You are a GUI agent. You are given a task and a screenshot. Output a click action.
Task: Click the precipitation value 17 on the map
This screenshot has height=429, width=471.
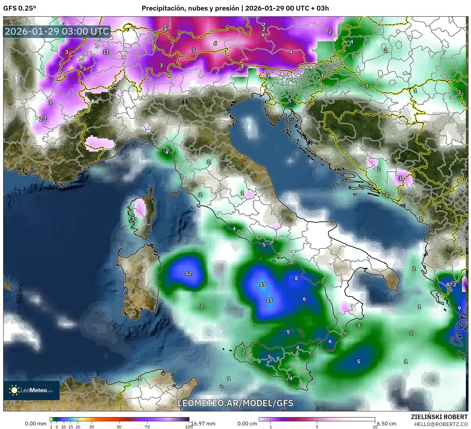(262, 284)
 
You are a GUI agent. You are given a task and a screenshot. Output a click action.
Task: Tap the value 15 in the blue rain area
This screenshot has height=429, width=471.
(269, 300)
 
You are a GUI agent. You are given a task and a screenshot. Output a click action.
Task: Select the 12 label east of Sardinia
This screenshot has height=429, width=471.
(188, 273)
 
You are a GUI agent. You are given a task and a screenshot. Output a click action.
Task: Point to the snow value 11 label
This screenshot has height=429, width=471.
(106, 52)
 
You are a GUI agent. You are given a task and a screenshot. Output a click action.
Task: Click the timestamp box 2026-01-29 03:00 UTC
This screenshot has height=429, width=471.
(57, 31)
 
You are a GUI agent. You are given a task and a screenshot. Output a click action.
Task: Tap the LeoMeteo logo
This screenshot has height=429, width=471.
(31, 390)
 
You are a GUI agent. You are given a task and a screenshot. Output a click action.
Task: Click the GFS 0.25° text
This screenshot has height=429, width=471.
(20, 8)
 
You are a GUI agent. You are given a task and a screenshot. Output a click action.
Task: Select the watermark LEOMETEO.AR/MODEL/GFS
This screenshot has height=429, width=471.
(235, 403)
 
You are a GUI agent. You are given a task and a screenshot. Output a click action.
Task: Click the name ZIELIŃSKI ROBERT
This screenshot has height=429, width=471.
(439, 417)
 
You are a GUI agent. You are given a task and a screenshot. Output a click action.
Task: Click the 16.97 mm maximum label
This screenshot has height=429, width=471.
(203, 424)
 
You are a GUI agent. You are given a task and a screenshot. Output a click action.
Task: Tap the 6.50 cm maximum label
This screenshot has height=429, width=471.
(386, 424)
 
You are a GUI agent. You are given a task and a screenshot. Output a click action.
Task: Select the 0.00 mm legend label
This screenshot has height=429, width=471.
(36, 424)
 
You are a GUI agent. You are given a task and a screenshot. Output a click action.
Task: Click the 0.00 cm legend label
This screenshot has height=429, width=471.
(247, 424)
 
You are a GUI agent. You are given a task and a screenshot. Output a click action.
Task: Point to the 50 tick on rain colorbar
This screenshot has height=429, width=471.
(119, 426)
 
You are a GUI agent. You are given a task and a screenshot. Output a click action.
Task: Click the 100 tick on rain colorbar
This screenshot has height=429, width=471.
(189, 426)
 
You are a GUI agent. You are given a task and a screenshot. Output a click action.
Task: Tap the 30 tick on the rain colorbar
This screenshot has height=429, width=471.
(92, 426)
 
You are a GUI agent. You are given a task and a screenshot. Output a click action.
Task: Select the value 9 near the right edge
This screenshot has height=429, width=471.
(459, 308)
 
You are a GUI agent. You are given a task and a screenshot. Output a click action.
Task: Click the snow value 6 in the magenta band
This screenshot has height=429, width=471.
(215, 43)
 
